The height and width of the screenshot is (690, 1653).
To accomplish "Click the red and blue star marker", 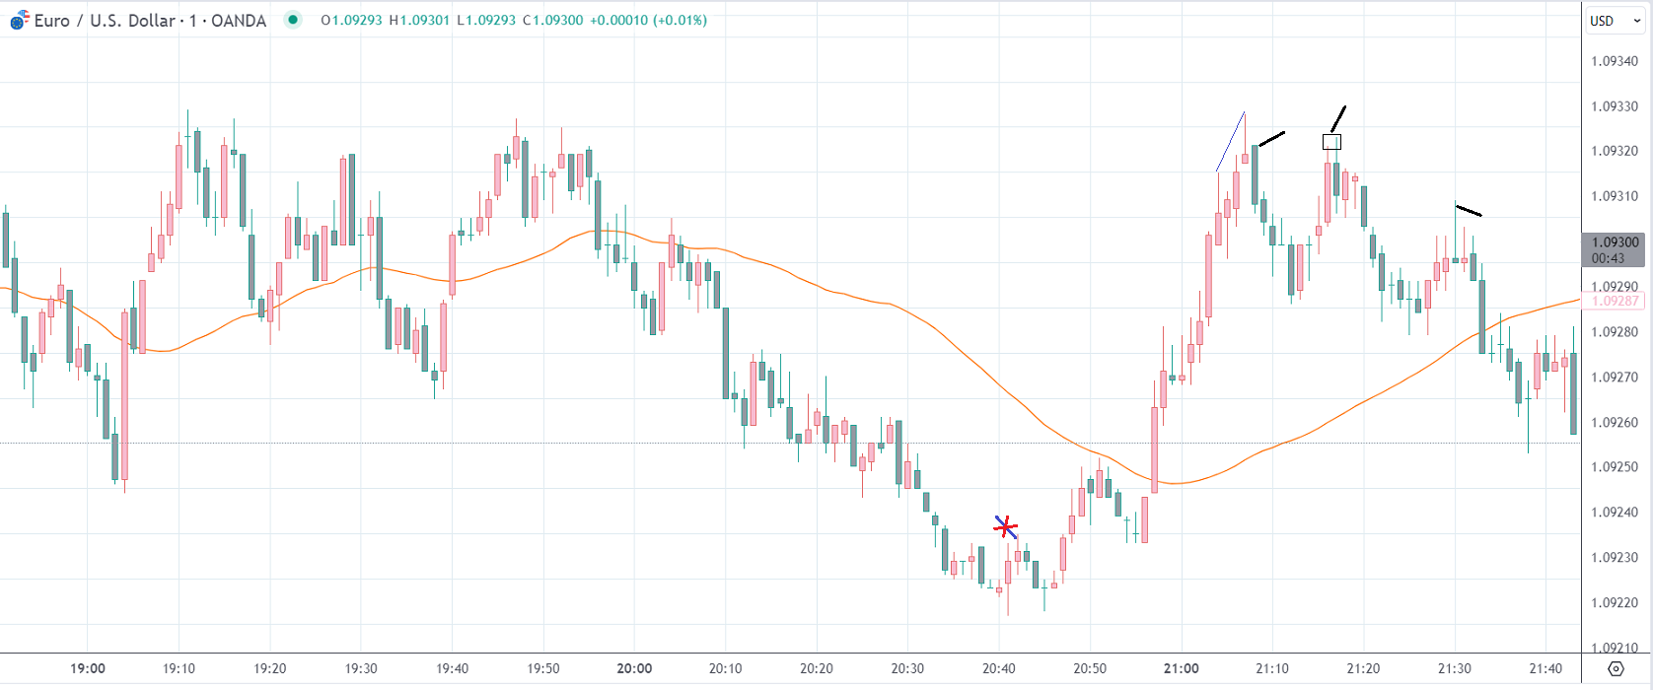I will pos(1005,527).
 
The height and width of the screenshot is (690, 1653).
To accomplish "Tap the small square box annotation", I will pos(1331,142).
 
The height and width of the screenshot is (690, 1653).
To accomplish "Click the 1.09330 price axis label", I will pos(1615,106).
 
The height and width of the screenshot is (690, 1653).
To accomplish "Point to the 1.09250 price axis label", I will pos(1615,467).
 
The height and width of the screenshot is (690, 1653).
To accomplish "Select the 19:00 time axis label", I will pos(88,668).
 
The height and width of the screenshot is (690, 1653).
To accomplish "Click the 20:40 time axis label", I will pos(998,668).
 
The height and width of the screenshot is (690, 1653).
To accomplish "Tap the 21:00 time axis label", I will pos(1181,668).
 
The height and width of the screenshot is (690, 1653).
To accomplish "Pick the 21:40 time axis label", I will pos(1545,668).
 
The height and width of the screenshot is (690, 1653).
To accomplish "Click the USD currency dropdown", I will pos(1615,21).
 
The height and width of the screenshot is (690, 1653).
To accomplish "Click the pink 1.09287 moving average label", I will pos(1615,301).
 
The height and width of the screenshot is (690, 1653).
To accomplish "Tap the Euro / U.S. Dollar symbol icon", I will pos(20,20).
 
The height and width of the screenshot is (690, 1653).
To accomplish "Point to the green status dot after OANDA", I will pos(293,20).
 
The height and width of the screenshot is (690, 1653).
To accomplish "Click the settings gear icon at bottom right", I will pos(1616,668).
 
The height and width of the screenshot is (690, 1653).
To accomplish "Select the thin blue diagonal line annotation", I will pos(1231,142).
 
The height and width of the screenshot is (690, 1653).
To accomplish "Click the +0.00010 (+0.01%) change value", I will pos(648,20).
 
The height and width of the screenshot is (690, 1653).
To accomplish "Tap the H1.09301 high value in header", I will pos(419,20).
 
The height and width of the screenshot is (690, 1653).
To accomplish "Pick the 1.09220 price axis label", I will pos(1615,602).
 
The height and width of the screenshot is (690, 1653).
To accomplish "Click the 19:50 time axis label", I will pos(543,668).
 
